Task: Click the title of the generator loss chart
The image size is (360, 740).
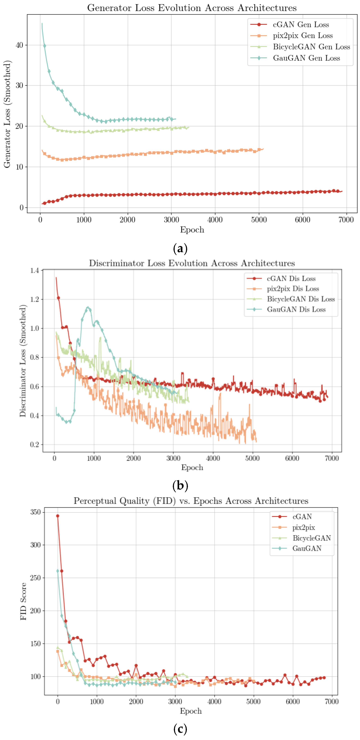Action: click(192, 8)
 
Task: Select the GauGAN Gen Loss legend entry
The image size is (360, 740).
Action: click(306, 58)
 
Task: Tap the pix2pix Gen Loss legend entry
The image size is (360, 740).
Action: click(303, 36)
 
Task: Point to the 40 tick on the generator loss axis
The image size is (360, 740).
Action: click(19, 45)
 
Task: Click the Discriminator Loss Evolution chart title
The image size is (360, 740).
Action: click(192, 263)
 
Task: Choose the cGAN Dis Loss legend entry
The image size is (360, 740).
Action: click(291, 278)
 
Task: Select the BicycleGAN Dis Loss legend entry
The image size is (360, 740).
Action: click(301, 299)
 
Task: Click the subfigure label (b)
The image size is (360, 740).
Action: click(180, 485)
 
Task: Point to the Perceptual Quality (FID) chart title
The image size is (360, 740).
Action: click(191, 501)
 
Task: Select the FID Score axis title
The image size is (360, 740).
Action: click(23, 601)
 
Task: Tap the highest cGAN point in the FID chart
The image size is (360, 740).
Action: click(58, 516)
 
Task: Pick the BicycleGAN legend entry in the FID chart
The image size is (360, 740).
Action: click(311, 538)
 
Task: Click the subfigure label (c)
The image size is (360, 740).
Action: click(180, 729)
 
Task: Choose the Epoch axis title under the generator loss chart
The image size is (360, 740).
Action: click(192, 230)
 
